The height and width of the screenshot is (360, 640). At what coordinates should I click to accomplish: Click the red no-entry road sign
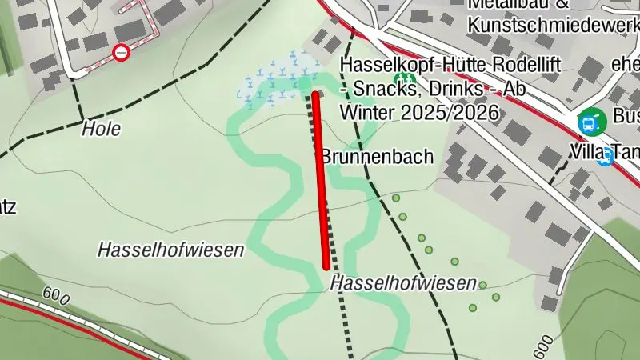point(121,53)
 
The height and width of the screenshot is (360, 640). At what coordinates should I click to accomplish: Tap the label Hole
point(101,128)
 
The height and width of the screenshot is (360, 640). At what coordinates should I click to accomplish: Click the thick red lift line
point(322,180)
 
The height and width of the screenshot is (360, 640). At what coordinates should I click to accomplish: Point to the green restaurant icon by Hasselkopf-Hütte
point(406,80)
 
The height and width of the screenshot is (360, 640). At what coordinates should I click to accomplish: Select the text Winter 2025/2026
point(420,112)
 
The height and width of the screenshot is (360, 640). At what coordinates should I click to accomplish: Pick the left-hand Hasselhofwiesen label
point(170,250)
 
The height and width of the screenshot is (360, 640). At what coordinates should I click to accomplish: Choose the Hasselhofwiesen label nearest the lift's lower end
point(403,282)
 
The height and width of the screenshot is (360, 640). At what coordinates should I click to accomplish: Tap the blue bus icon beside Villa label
point(605,158)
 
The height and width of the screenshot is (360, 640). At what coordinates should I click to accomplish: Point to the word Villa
point(587,151)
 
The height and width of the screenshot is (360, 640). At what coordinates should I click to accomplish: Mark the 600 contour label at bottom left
point(53,295)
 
